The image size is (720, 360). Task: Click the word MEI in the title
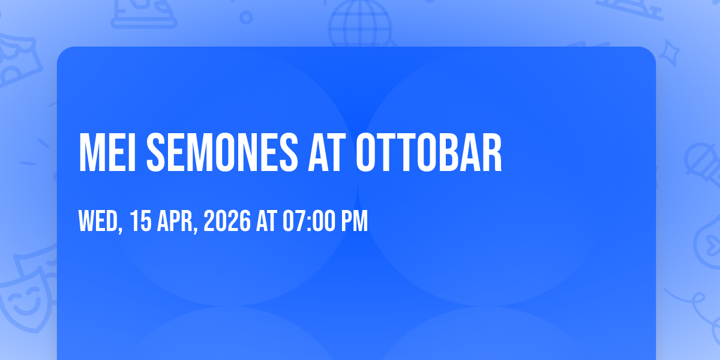pos(107,152)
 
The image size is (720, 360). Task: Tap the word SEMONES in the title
pos(222,152)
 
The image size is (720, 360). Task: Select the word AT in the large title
pos(326,152)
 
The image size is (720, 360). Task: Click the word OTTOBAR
pos(429,152)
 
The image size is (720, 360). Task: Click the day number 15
pos(141,221)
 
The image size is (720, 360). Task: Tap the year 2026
pos(227,221)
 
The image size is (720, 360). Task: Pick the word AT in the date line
pos(266,221)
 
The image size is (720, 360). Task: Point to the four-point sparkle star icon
pos(669,53)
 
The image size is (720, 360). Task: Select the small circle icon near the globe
pos(246,17)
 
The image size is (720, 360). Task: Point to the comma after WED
pos(121,229)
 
